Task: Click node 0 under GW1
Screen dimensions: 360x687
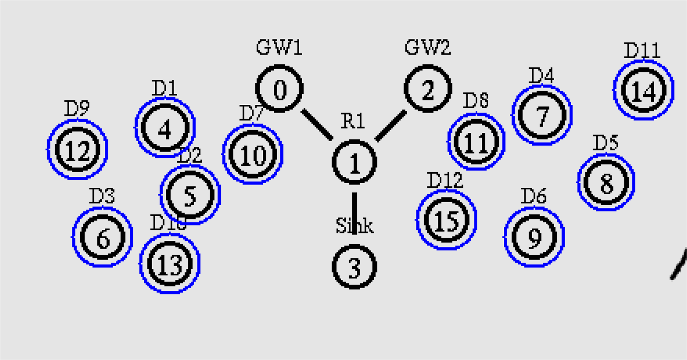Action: click(x=279, y=89)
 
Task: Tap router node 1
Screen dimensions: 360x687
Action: click(x=354, y=162)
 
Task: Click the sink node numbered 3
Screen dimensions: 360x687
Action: click(x=354, y=267)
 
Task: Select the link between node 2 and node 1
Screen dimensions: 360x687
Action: click(x=390, y=125)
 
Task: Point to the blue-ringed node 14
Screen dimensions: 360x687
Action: click(x=643, y=91)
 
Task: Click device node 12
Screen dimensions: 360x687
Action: click(x=77, y=150)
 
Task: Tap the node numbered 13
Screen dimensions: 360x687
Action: click(x=169, y=263)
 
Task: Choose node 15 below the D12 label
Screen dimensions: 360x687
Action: click(x=447, y=220)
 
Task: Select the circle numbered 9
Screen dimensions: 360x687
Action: click(x=534, y=236)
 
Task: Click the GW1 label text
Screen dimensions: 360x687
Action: click(x=279, y=47)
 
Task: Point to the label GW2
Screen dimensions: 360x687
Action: click(x=428, y=47)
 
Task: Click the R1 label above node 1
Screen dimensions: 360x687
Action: click(x=353, y=122)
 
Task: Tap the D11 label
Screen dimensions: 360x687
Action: click(x=642, y=51)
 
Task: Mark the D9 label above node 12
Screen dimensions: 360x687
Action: click(x=76, y=109)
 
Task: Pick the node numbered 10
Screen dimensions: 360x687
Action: click(x=252, y=155)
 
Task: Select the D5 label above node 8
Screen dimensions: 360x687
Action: click(x=605, y=143)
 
